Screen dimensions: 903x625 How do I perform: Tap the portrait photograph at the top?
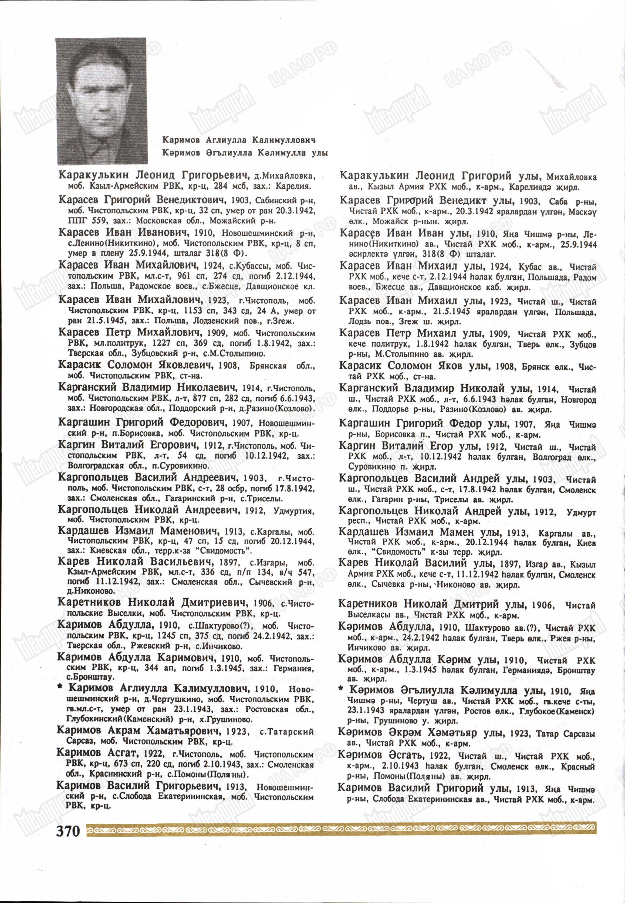(x=102, y=101)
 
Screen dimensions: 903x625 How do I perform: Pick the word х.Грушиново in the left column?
(x=229, y=719)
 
